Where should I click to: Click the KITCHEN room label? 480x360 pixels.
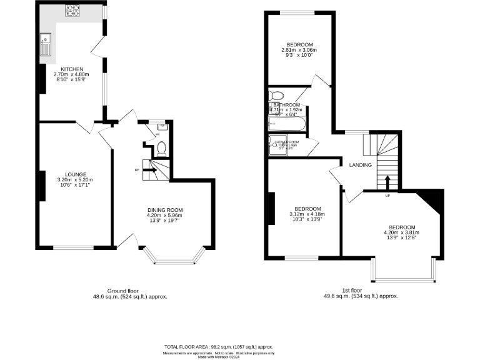pyautogui.click(x=72, y=69)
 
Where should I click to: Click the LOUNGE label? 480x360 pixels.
pyautogui.click(x=76, y=174)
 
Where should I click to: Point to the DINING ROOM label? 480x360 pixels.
pyautogui.click(x=164, y=209)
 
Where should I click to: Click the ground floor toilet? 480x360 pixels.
pyautogui.click(x=161, y=148)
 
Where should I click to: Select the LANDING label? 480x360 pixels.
pyautogui.click(x=361, y=165)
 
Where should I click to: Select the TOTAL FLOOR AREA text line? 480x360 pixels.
pyautogui.click(x=218, y=346)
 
